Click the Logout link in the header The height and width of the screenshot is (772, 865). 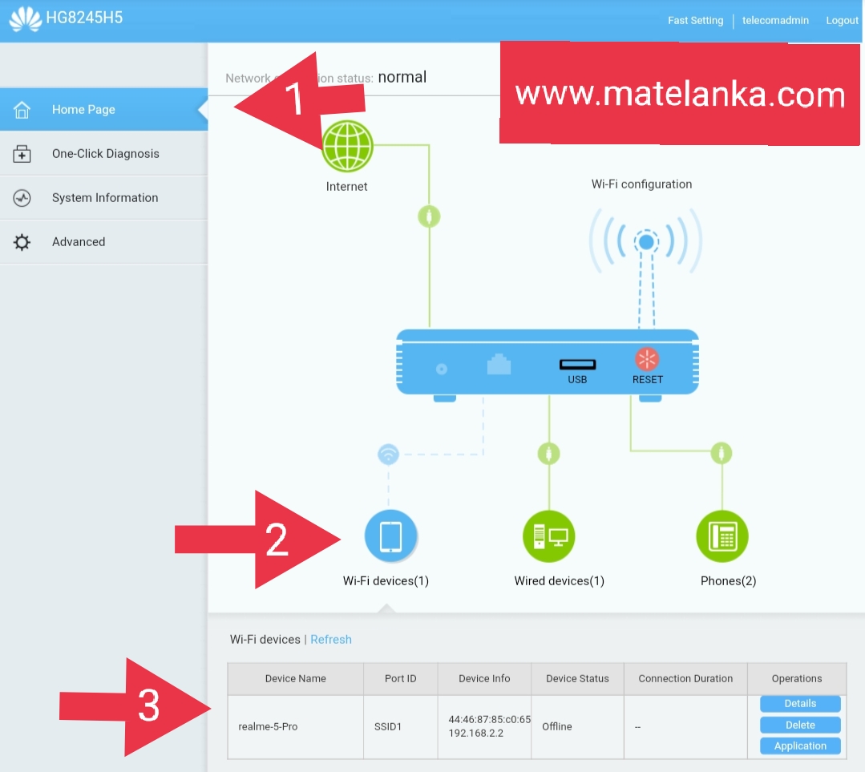tap(842, 21)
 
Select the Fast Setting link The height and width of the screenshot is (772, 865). tap(695, 21)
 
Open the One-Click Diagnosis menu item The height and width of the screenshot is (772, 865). tap(105, 154)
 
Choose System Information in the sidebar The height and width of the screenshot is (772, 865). tap(104, 198)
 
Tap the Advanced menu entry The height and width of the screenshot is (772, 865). tap(79, 242)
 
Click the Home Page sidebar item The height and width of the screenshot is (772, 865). tap(83, 110)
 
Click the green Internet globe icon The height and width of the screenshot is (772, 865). tap(347, 147)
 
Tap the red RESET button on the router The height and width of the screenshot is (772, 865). tap(647, 359)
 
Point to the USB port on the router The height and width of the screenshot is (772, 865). tap(577, 366)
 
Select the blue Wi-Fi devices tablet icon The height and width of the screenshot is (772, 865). tap(390, 536)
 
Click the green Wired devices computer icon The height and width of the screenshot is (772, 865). tap(548, 536)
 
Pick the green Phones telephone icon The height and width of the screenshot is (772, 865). tap(722, 536)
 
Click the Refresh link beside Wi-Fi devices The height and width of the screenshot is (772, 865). tap(331, 640)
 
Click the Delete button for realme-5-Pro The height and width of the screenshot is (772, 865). tap(800, 725)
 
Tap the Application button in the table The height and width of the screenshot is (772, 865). tap(800, 746)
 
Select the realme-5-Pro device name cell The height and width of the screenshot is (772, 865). tap(268, 727)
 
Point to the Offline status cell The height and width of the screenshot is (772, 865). tap(557, 727)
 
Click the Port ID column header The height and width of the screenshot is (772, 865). tap(401, 679)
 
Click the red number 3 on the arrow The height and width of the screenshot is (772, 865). tap(149, 706)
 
